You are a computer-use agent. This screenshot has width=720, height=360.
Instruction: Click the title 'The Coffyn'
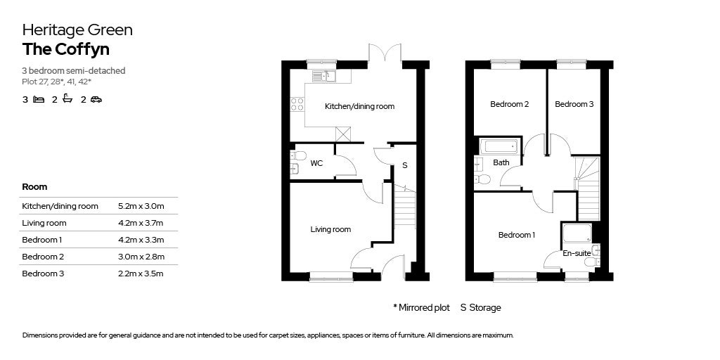pyautogui.click(x=66, y=49)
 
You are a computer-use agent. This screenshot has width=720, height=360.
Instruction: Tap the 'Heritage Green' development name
pyautogui.click(x=77, y=30)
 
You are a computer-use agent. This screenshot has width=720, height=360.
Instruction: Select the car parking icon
pyautogui.click(x=96, y=100)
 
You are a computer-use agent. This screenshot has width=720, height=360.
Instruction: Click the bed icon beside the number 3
pyautogui.click(x=39, y=100)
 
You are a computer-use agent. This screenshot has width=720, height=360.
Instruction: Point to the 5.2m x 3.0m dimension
pyautogui.click(x=141, y=206)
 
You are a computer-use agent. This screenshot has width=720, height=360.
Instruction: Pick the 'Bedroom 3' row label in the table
pyautogui.click(x=43, y=274)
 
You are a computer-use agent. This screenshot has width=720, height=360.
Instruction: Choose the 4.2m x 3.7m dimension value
pyautogui.click(x=141, y=223)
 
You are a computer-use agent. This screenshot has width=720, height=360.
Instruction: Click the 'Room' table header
pyautogui.click(x=34, y=187)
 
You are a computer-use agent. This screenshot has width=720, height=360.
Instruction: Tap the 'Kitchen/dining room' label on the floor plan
pyautogui.click(x=359, y=107)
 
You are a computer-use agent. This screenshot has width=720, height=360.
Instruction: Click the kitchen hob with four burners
pyautogui.click(x=297, y=104)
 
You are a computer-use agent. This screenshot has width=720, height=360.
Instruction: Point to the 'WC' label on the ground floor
pyautogui.click(x=316, y=163)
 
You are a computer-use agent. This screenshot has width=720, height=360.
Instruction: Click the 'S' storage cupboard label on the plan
pyautogui.click(x=404, y=165)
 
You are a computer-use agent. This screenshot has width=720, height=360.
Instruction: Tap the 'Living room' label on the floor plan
pyautogui.click(x=330, y=229)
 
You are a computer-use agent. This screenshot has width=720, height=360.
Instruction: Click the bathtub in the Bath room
pyautogui.click(x=499, y=147)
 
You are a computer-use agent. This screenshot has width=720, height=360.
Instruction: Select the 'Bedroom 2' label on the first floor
pyautogui.click(x=509, y=104)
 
